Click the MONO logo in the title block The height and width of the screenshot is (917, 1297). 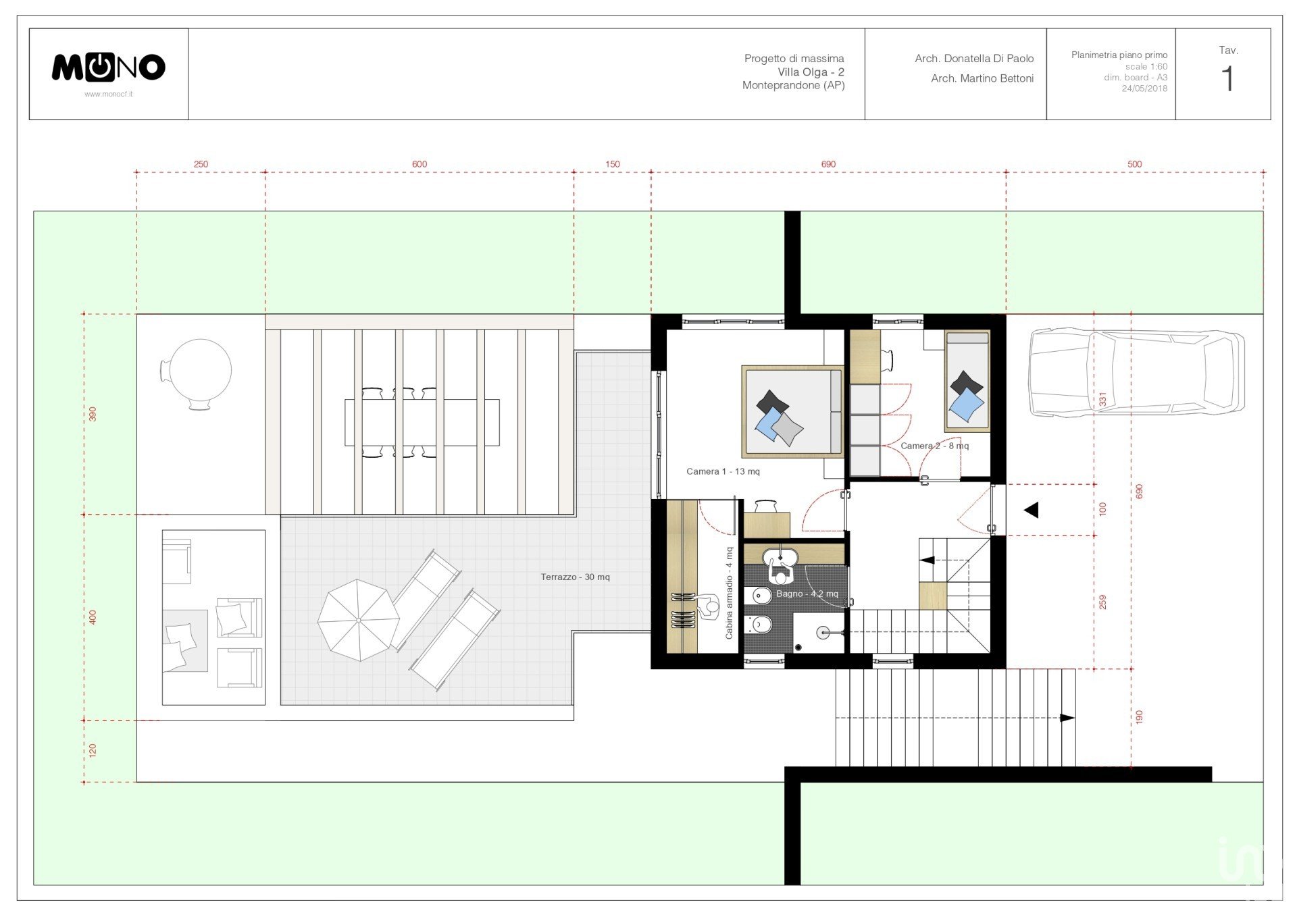(x=109, y=68)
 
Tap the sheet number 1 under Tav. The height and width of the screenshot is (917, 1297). (x=1227, y=79)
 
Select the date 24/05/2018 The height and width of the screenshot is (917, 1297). (x=1144, y=88)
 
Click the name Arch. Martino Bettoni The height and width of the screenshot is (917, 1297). (x=982, y=78)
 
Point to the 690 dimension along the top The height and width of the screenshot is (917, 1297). (x=828, y=164)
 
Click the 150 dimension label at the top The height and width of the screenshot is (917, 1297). (x=613, y=164)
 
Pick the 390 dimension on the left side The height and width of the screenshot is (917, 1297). (x=93, y=414)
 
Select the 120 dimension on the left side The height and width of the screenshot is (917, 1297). (x=93, y=750)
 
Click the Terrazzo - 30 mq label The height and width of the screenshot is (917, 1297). (x=575, y=577)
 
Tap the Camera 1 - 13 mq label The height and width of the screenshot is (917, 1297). (x=723, y=471)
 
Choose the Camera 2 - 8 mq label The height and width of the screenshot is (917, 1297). (x=934, y=446)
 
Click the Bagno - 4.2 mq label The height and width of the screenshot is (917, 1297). (x=807, y=594)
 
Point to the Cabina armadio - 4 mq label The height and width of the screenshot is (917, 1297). (x=729, y=593)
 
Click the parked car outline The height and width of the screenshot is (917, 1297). (x=1136, y=372)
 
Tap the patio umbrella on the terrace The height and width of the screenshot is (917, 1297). (x=358, y=620)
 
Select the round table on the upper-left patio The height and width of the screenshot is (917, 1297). (x=200, y=370)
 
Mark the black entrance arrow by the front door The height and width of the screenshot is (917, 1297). (x=1032, y=510)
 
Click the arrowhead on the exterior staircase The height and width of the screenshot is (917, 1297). (x=1067, y=718)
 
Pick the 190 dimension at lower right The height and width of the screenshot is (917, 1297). (x=1139, y=717)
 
